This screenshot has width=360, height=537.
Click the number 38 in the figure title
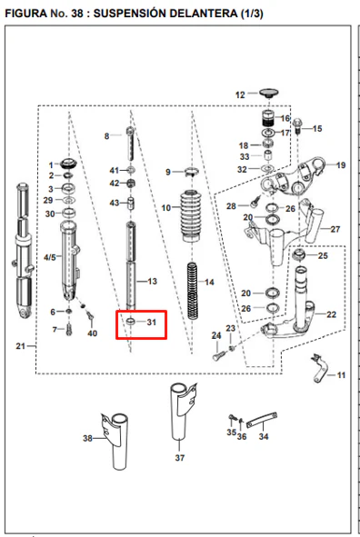[77, 14]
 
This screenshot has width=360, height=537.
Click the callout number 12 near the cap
[240, 94]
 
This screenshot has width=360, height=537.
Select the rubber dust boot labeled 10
[191, 216]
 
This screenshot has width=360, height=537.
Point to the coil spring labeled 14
[193, 291]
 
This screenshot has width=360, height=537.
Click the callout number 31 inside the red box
[152, 322]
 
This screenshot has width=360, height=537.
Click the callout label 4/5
[50, 257]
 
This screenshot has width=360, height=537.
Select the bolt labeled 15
[297, 126]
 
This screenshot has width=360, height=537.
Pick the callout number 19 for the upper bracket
[341, 165]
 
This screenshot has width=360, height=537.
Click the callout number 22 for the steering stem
[331, 314]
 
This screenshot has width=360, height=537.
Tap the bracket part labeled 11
[320, 368]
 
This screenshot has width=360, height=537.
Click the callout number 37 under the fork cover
[179, 458]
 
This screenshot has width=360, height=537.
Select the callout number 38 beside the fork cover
[87, 438]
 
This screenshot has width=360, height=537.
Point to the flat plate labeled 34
[261, 420]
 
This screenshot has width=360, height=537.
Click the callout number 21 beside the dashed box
[21, 346]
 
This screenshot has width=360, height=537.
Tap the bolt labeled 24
[218, 355]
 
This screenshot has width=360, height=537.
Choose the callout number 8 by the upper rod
[106, 136]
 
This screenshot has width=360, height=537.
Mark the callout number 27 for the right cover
[335, 229]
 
